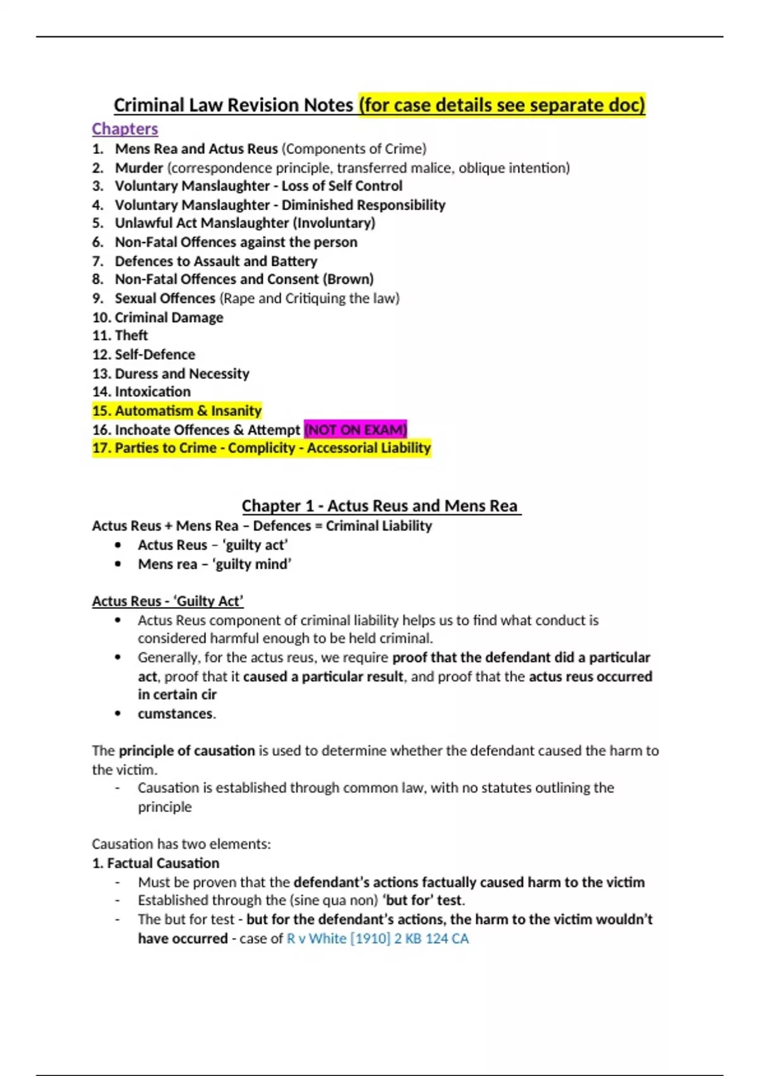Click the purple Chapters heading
tap(125, 128)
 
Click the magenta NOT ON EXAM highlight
tap(355, 430)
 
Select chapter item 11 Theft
tap(131, 335)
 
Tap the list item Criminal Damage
tap(168, 317)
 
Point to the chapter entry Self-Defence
tap(155, 354)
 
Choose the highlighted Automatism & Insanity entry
tap(177, 411)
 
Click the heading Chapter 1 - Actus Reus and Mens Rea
tap(381, 506)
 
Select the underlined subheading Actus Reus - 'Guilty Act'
tap(168, 601)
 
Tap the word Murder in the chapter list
tap(139, 168)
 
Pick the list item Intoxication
tap(152, 392)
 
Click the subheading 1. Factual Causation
tap(156, 863)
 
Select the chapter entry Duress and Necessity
tap(182, 373)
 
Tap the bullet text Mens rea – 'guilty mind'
tap(215, 564)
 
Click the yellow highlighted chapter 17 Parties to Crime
tap(262, 448)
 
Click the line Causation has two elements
tap(181, 844)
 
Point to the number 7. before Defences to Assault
tap(98, 261)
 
